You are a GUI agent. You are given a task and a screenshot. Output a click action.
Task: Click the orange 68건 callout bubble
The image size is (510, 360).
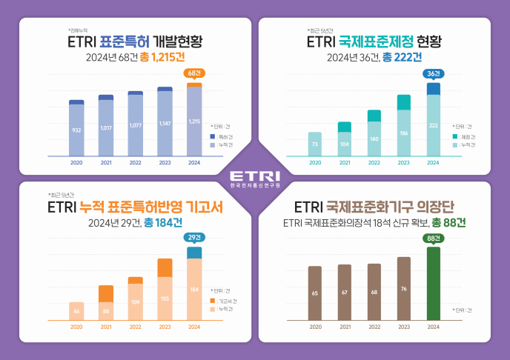193,73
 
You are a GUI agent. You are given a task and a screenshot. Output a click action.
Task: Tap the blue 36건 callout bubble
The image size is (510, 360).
434,73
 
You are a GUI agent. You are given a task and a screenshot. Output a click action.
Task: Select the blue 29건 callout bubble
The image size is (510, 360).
193,237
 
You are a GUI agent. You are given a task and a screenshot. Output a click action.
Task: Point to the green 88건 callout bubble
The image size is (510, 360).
434,237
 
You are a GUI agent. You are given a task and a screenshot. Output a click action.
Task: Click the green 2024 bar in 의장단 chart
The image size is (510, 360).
434,284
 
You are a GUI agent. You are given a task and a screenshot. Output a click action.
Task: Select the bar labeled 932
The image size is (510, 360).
76,130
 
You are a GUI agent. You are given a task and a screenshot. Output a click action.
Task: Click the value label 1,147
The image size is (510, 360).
165,123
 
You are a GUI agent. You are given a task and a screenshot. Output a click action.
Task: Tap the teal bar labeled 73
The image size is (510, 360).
315,144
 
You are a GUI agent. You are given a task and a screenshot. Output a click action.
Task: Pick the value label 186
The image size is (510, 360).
403,133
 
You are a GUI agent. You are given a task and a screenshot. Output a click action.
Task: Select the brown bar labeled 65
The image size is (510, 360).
315,293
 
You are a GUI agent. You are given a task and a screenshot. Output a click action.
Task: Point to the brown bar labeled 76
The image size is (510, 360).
403,289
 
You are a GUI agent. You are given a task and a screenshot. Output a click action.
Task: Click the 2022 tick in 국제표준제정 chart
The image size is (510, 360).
374,162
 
